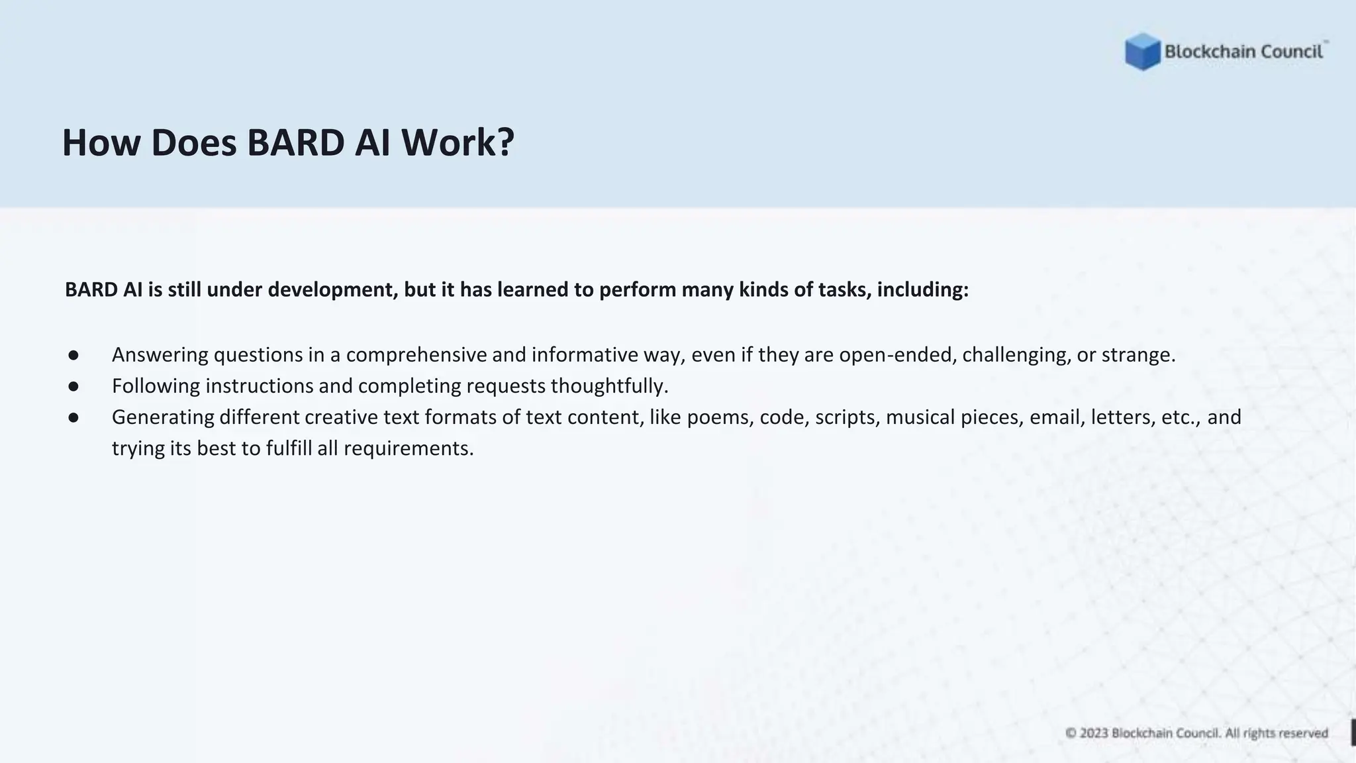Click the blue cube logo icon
(1142, 52)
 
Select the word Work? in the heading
(458, 142)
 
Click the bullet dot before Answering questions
(73, 355)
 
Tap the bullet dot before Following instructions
(73, 386)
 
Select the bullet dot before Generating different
(73, 417)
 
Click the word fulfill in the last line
(289, 448)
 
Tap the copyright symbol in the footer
(1071, 733)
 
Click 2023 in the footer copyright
(1094, 733)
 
